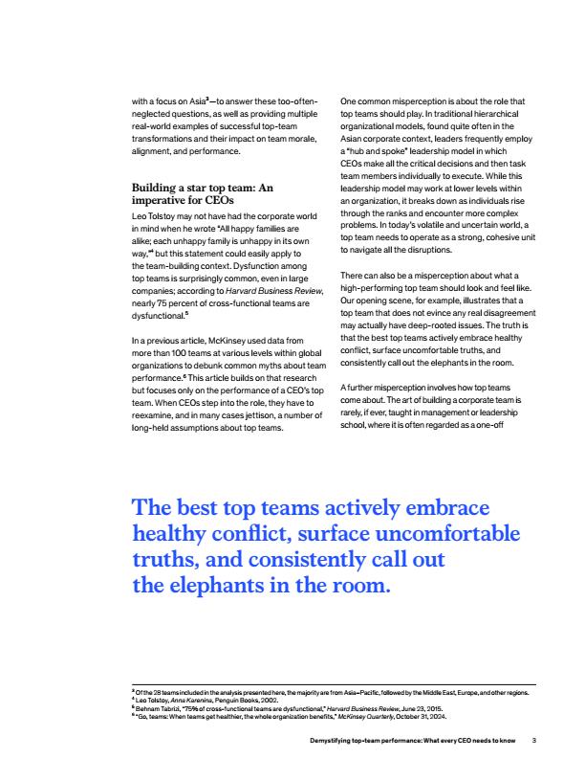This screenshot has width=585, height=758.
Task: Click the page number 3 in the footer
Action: coord(535,739)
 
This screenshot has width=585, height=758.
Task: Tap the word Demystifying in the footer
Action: coord(323,739)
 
